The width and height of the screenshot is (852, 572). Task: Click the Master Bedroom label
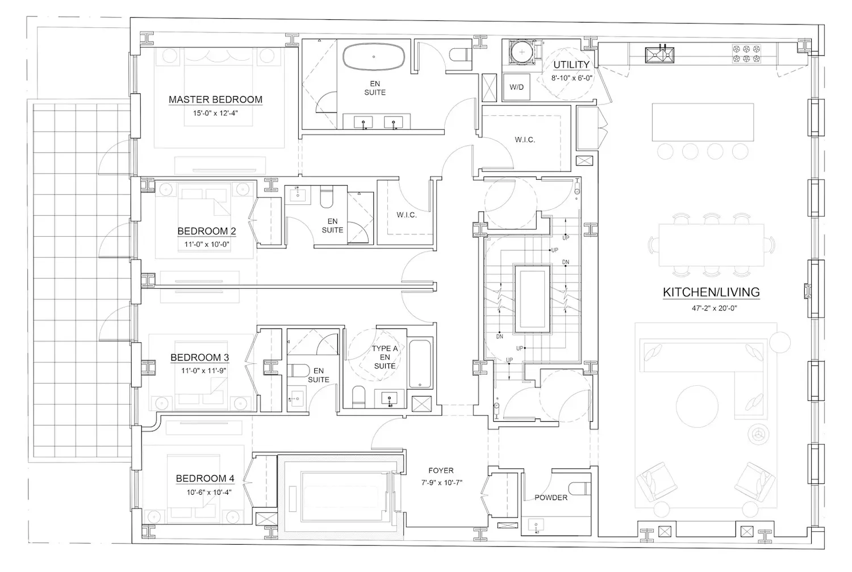point(215,99)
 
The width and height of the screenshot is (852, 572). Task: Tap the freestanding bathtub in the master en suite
point(374,57)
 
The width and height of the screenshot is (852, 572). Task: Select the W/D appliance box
point(516,87)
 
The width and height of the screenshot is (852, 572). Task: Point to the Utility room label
point(571,65)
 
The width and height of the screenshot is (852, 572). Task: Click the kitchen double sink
point(659,54)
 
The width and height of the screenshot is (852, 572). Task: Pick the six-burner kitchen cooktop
point(746,53)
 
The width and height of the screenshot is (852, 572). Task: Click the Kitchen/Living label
point(711,292)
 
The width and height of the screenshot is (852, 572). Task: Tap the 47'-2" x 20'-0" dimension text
point(715,308)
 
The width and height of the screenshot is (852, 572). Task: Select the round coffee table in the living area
point(697,406)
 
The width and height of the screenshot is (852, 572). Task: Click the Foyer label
point(441,470)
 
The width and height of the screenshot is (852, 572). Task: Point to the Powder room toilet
point(580,489)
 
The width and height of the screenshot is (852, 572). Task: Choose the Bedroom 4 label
point(205,478)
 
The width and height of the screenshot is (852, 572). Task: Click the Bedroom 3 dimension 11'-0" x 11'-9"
point(203,371)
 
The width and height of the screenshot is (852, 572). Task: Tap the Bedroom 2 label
point(207,231)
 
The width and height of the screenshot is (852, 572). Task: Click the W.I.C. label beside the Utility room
point(525,140)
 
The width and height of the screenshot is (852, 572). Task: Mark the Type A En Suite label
point(385,357)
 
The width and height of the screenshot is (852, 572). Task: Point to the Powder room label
point(551,498)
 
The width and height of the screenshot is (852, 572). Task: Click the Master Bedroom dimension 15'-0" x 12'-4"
point(215,113)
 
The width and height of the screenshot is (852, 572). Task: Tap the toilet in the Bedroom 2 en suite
point(327,196)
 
